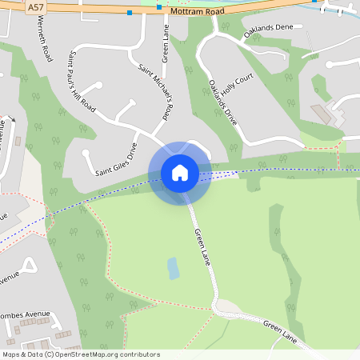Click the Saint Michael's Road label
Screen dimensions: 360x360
pyautogui.click(x=157, y=92)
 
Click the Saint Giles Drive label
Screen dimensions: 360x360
pyautogui.click(x=117, y=159)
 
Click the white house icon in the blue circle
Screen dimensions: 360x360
pyautogui.click(x=180, y=173)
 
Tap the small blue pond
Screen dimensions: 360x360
pyautogui.click(x=173, y=268)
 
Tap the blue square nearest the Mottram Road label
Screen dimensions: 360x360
pyautogui.click(x=159, y=6)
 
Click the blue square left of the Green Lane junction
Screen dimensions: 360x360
pyautogui.click(x=130, y=13)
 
